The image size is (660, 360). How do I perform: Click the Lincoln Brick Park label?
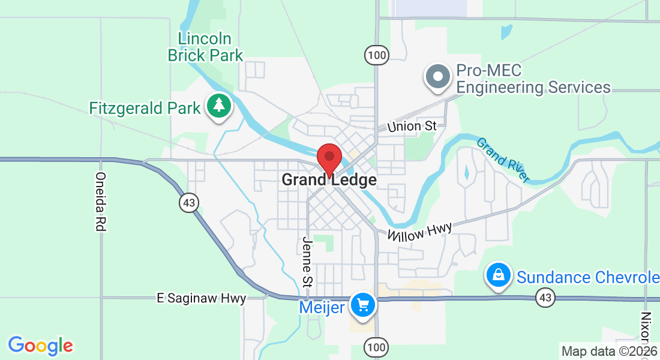point(205,47)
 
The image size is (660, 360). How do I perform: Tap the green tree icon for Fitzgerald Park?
point(220,106)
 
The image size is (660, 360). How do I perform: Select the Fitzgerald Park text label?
point(145,109)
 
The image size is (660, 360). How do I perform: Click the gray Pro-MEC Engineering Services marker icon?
point(438,77)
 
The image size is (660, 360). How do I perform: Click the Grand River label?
point(503,160)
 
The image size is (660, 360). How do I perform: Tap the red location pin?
point(329,158)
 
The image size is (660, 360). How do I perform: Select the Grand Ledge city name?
point(329,180)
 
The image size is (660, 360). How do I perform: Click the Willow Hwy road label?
point(419,232)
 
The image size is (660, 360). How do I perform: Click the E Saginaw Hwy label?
point(201,298)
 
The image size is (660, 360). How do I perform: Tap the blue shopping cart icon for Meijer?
point(362,305)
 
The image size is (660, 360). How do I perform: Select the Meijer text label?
point(322,308)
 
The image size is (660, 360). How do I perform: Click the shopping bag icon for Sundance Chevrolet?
point(498,275)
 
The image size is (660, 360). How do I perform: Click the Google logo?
point(40,346)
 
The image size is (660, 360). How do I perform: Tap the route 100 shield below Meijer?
point(376,347)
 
